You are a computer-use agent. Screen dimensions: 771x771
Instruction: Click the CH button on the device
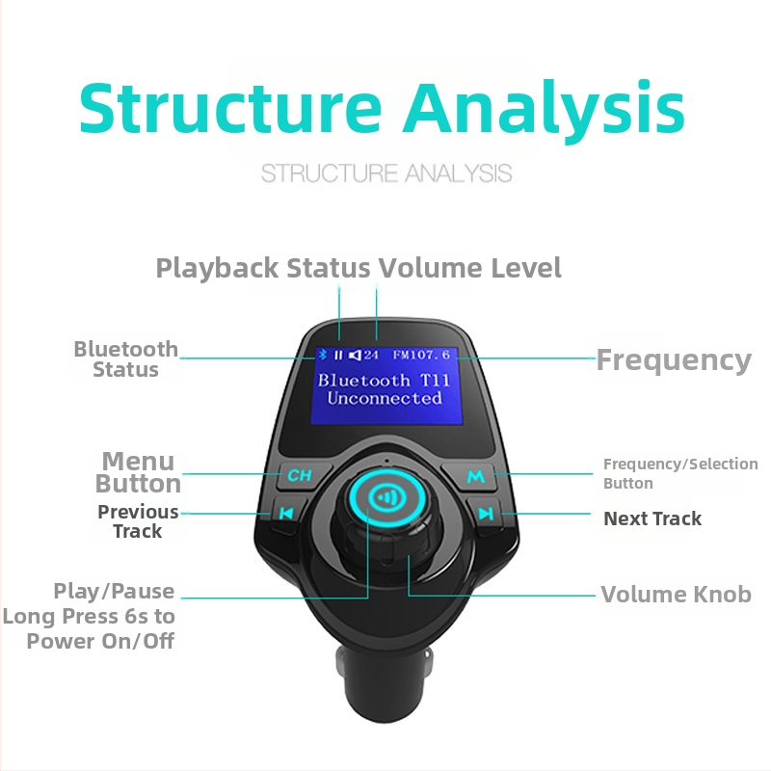300,475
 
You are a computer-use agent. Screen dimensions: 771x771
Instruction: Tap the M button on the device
475,476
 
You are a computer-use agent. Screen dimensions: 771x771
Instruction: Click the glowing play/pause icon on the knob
387,498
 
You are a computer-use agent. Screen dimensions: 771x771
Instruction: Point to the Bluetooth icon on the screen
323,355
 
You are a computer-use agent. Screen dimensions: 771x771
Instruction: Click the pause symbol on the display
338,355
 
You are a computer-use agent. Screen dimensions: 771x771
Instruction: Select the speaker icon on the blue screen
355,355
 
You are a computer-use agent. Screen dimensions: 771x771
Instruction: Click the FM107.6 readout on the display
421,355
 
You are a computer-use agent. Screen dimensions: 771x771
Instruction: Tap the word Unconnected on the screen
385,398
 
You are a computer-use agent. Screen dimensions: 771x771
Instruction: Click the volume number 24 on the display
371,355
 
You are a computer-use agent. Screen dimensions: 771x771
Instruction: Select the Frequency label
674,360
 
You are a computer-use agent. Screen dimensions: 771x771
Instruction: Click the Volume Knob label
677,594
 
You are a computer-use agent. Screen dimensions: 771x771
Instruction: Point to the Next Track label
652,518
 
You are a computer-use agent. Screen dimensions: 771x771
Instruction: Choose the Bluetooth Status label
126,359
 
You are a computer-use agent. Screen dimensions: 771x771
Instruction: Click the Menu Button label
138,472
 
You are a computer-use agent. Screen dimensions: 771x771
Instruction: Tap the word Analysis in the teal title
544,108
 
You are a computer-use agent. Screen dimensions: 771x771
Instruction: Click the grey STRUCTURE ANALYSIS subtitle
386,173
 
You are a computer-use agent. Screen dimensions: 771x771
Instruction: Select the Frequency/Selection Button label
680,473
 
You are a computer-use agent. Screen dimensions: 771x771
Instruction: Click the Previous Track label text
138,521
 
